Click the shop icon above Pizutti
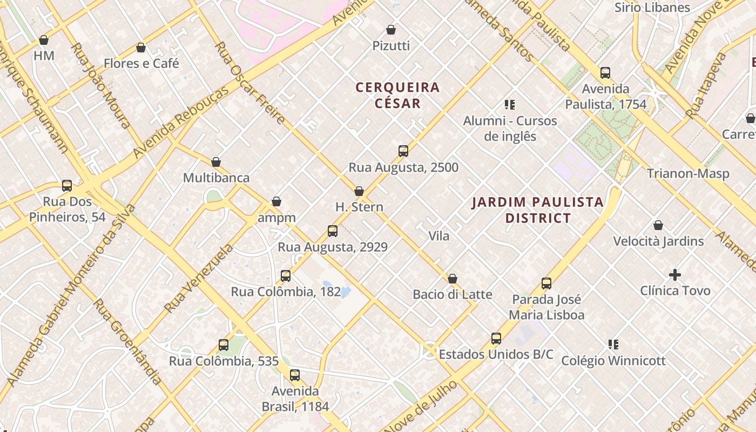coord(391,30)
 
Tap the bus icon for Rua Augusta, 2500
coord(403,151)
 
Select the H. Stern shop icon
coord(359,191)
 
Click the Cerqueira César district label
coord(398,95)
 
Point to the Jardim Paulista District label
coord(538,210)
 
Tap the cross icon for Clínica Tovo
coord(675,275)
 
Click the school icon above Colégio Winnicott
coord(613,345)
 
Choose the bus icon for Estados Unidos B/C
coord(496,339)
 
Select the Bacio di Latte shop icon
coord(453,279)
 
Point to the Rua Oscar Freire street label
coord(249,83)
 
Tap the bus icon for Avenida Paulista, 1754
coord(605,73)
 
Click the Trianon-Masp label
coord(688,174)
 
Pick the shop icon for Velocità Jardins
coord(658,225)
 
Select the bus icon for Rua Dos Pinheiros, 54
coord(67,186)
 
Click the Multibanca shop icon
coord(216,162)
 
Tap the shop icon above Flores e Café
coord(141,48)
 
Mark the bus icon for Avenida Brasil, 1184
coord(295,375)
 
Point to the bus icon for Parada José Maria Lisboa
coord(546,283)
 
